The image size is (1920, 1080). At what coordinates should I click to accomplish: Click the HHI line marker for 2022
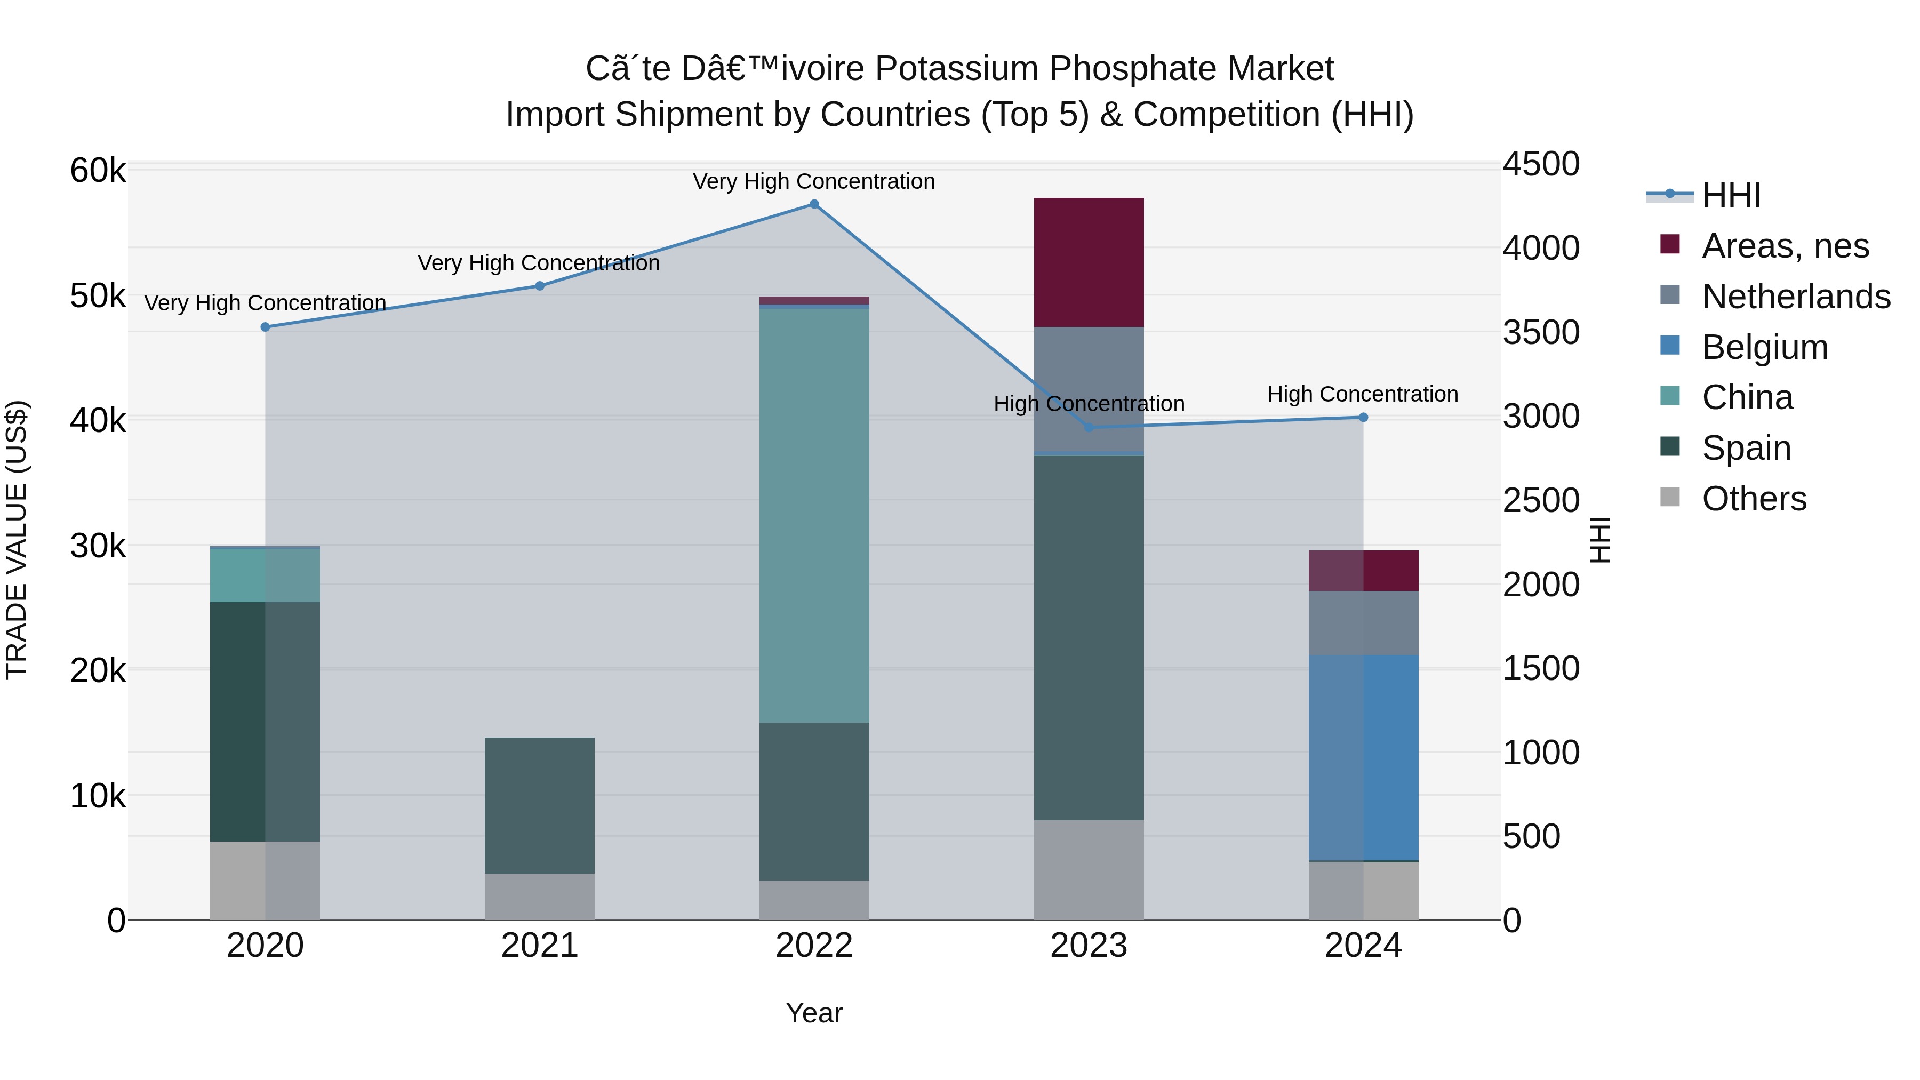tap(814, 204)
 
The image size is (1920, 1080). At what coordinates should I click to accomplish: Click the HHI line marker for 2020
tap(266, 327)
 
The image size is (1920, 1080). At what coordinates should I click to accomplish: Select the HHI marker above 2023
tap(1089, 427)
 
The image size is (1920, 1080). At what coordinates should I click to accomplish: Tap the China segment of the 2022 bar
tap(814, 514)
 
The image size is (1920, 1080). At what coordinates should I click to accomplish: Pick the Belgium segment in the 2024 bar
tap(1363, 757)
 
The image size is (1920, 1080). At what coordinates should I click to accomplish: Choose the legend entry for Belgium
tap(1764, 347)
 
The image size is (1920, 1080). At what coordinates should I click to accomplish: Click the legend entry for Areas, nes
tap(1785, 246)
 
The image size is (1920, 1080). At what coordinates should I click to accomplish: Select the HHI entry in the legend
tap(1731, 195)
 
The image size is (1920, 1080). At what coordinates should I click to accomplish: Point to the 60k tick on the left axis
tap(98, 171)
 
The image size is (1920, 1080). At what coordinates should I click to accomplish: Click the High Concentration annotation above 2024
tap(1363, 394)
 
